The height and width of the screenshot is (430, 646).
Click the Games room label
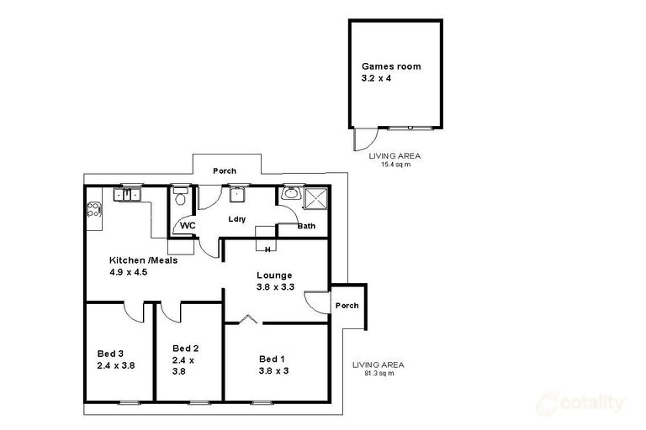click(x=391, y=66)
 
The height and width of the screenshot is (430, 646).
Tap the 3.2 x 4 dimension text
click(x=376, y=78)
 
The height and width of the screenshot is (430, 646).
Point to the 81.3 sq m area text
click(x=379, y=374)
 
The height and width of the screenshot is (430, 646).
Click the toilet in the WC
click(x=180, y=197)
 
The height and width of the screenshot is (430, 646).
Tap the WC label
click(x=188, y=225)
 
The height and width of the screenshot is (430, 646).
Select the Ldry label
click(x=237, y=219)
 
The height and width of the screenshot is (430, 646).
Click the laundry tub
click(x=238, y=194)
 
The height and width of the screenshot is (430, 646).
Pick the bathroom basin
click(x=292, y=192)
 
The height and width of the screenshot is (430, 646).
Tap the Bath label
click(x=306, y=226)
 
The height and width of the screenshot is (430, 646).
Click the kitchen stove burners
click(x=94, y=209)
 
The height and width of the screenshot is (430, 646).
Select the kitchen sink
click(x=127, y=194)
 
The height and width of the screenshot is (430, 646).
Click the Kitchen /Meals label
click(x=143, y=260)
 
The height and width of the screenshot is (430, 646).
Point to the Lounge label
click(x=274, y=275)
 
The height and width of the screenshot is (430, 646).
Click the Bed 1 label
click(x=272, y=359)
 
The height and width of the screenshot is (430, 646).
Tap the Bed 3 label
click(x=110, y=354)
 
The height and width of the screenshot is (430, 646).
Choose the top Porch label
click(x=225, y=170)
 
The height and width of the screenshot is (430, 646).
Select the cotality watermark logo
click(x=580, y=404)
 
